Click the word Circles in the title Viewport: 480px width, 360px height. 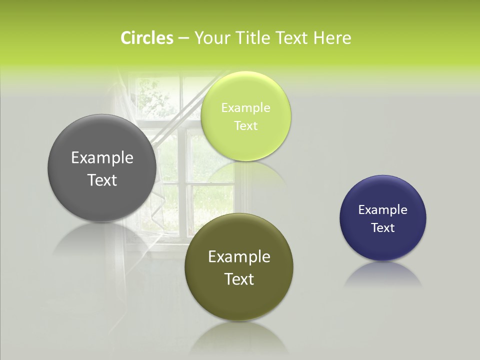click(147, 38)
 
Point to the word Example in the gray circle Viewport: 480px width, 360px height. click(102, 158)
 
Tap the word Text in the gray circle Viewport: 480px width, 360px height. click(102, 180)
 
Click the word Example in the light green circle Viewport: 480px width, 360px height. click(245, 108)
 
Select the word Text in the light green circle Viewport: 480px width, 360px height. click(245, 126)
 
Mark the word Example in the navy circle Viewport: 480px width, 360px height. click(383, 210)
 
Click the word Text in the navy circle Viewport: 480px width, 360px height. click(383, 228)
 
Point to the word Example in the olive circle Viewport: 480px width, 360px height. click(239, 257)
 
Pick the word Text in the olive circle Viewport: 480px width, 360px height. click(239, 279)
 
